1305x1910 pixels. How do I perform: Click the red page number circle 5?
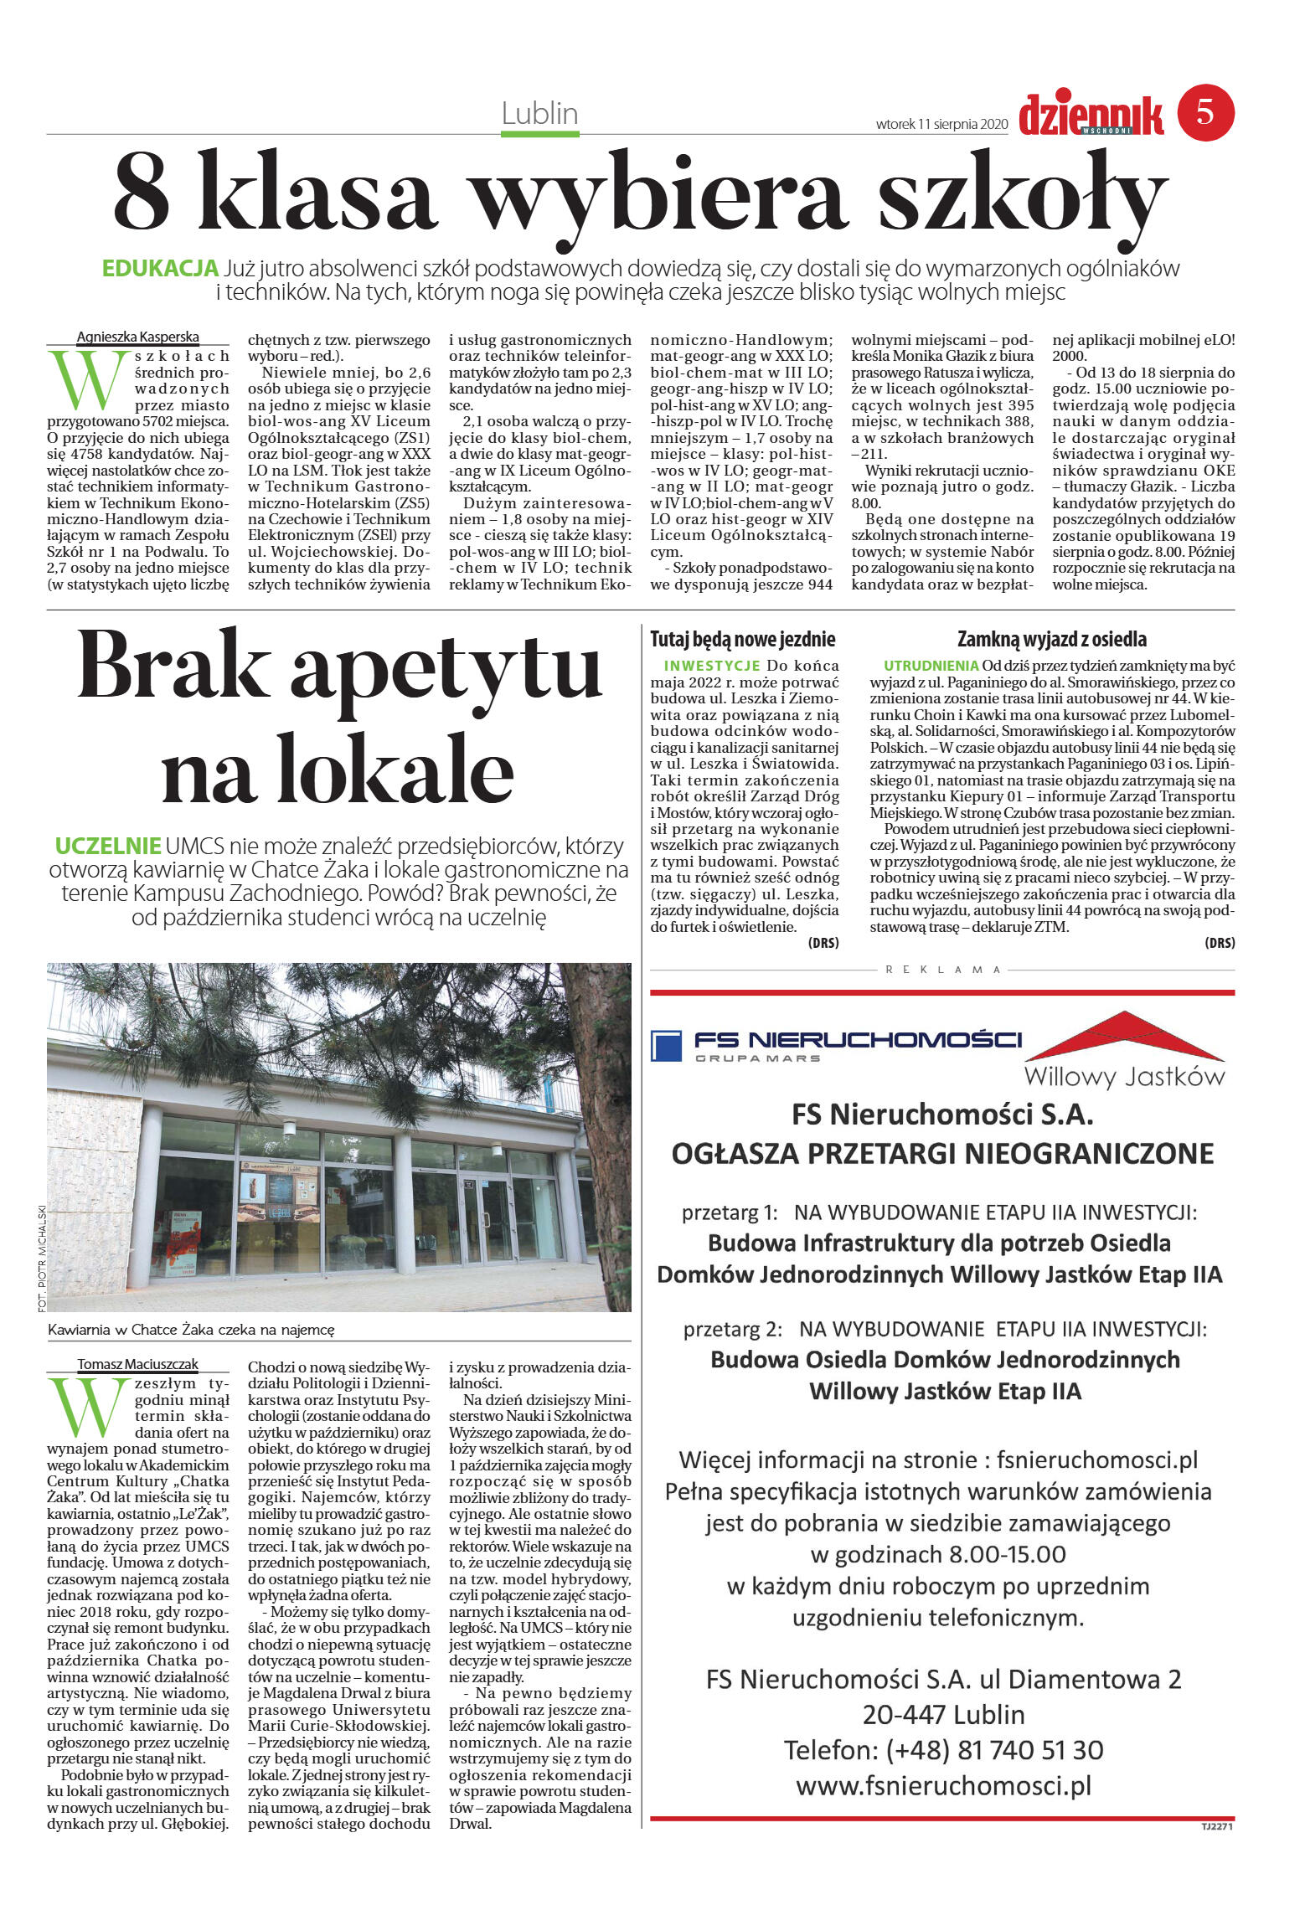[x=1205, y=112]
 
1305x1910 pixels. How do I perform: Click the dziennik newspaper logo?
[x=1091, y=116]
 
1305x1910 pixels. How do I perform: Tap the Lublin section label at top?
[x=540, y=113]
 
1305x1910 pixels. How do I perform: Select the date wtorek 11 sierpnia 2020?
[x=941, y=125]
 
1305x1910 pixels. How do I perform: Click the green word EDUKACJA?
[x=160, y=269]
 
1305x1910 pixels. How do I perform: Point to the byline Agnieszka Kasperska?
[x=137, y=337]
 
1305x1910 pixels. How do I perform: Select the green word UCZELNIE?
[x=107, y=845]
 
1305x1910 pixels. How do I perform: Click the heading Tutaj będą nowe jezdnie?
[x=743, y=640]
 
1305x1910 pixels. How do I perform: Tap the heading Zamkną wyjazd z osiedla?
[x=1051, y=640]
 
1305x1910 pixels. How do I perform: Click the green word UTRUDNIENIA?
[x=931, y=666]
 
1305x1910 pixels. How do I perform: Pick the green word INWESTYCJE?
[x=711, y=666]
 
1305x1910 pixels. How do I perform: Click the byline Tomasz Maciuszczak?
[x=137, y=1364]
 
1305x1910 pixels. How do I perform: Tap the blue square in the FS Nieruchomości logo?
[x=666, y=1046]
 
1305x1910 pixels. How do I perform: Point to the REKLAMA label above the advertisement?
[x=942, y=970]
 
